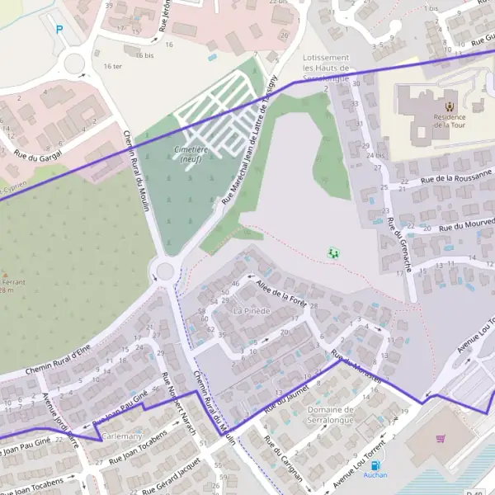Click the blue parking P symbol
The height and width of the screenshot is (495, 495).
pos(59,30)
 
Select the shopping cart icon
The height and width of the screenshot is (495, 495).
pos(441,439)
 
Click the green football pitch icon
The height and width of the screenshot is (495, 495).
pos(333,252)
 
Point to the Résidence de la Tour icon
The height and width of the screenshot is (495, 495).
pos(449,106)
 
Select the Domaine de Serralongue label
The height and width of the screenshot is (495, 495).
pos(330,414)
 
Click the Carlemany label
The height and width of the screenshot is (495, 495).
pos(121,436)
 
